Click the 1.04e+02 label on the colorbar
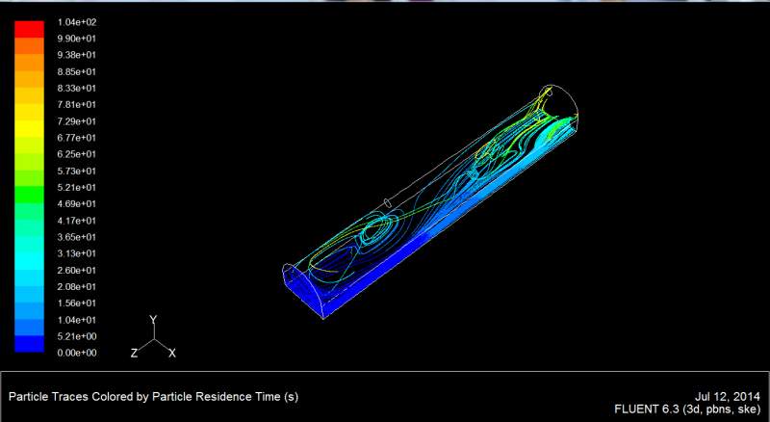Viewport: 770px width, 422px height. pos(77,22)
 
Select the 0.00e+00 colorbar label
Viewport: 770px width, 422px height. pos(77,353)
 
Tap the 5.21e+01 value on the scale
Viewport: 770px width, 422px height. pos(77,187)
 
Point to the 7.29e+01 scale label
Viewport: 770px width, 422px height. pos(77,121)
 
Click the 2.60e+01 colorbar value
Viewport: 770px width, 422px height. pos(77,270)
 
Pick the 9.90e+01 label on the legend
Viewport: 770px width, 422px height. pos(77,39)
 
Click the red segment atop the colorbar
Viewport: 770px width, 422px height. pos(29,30)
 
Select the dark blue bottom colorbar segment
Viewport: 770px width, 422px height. pos(29,344)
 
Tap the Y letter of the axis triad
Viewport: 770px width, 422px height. pos(153,320)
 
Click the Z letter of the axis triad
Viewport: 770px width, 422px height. pos(134,353)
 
